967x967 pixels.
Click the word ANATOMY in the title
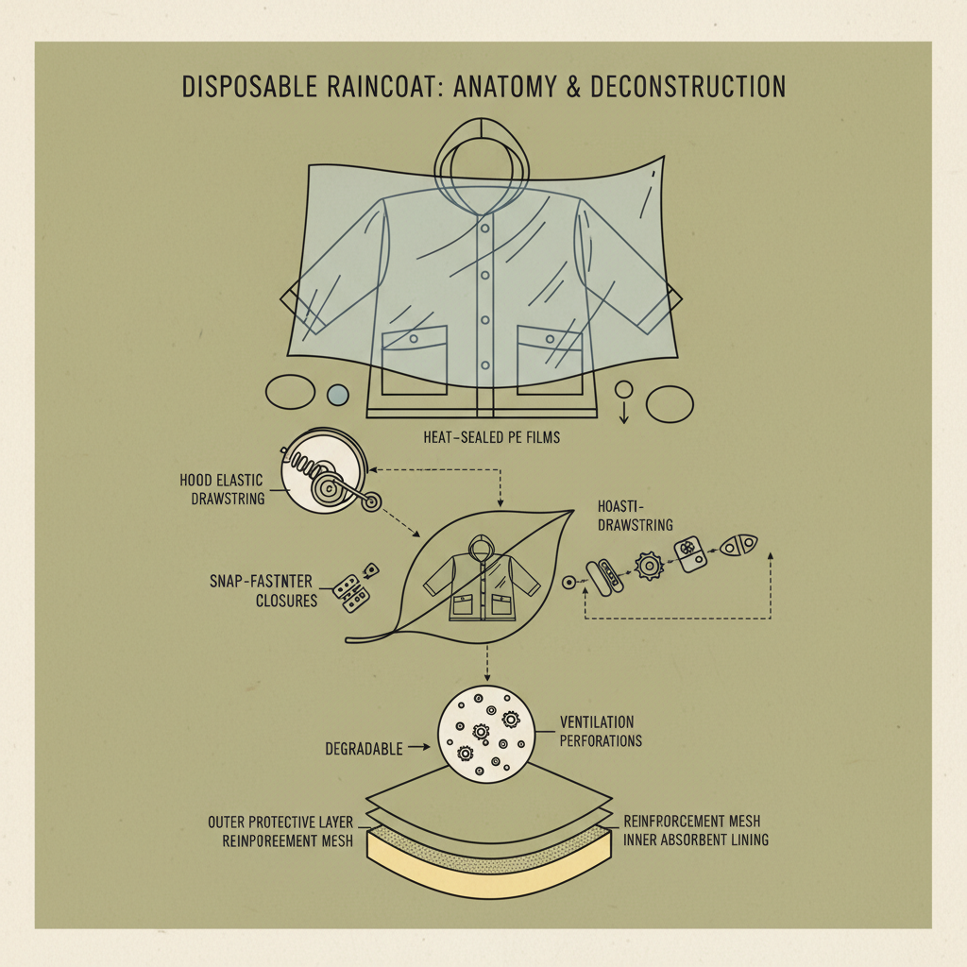point(505,86)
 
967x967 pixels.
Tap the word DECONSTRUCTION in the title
point(688,86)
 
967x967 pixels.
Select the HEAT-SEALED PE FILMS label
point(491,437)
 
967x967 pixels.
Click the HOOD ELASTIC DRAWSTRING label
point(222,489)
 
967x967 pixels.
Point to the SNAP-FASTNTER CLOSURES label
point(263,591)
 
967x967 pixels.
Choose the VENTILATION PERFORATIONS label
point(601,732)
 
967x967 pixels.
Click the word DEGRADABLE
point(364,749)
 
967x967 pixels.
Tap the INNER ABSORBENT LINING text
point(696,840)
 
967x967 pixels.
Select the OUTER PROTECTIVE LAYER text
point(280,823)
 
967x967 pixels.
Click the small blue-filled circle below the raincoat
point(337,395)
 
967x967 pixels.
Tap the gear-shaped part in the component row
point(650,566)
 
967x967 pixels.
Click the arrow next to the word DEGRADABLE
point(418,747)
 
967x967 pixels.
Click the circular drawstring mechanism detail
point(325,471)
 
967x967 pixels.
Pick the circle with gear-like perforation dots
point(486,735)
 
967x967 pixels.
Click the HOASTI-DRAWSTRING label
point(636,516)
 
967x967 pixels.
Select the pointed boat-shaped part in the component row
point(738,545)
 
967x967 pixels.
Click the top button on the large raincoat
point(485,229)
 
